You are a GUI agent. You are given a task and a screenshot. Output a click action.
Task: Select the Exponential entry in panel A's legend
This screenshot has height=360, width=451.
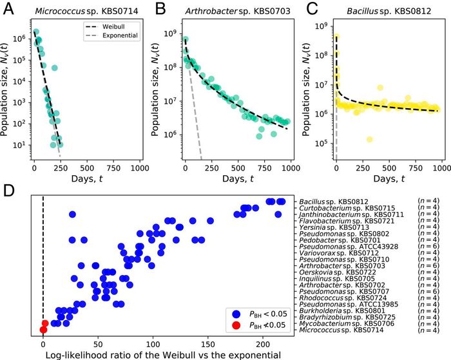(112, 35)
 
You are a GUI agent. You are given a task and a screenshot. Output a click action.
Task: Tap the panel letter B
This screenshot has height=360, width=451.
(160, 9)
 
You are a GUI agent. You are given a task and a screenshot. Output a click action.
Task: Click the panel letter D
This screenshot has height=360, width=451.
(9, 191)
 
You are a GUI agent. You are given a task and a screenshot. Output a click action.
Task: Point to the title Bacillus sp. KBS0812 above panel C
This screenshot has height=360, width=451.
(389, 11)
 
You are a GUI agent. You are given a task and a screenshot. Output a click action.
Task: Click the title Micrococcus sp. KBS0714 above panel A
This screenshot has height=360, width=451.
(86, 11)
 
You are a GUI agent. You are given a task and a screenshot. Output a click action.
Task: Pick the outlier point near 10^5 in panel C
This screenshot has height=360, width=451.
(370, 140)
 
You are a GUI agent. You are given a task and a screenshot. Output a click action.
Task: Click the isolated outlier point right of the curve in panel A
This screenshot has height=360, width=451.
(54, 68)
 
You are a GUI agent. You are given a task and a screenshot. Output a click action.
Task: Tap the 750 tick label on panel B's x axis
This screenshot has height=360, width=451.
(265, 168)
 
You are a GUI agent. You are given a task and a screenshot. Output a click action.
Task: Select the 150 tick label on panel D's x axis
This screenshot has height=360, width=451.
(208, 345)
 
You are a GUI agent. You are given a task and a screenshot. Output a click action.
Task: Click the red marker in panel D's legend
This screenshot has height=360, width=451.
(236, 325)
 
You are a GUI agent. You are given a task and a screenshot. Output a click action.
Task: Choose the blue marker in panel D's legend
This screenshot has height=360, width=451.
(236, 314)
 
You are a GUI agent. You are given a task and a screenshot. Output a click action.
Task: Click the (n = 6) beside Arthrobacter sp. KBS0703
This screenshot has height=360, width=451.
(428, 266)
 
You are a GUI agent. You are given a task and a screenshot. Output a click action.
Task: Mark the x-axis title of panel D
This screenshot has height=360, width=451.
(163, 355)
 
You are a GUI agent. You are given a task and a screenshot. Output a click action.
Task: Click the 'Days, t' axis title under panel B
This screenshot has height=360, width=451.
(238, 179)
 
